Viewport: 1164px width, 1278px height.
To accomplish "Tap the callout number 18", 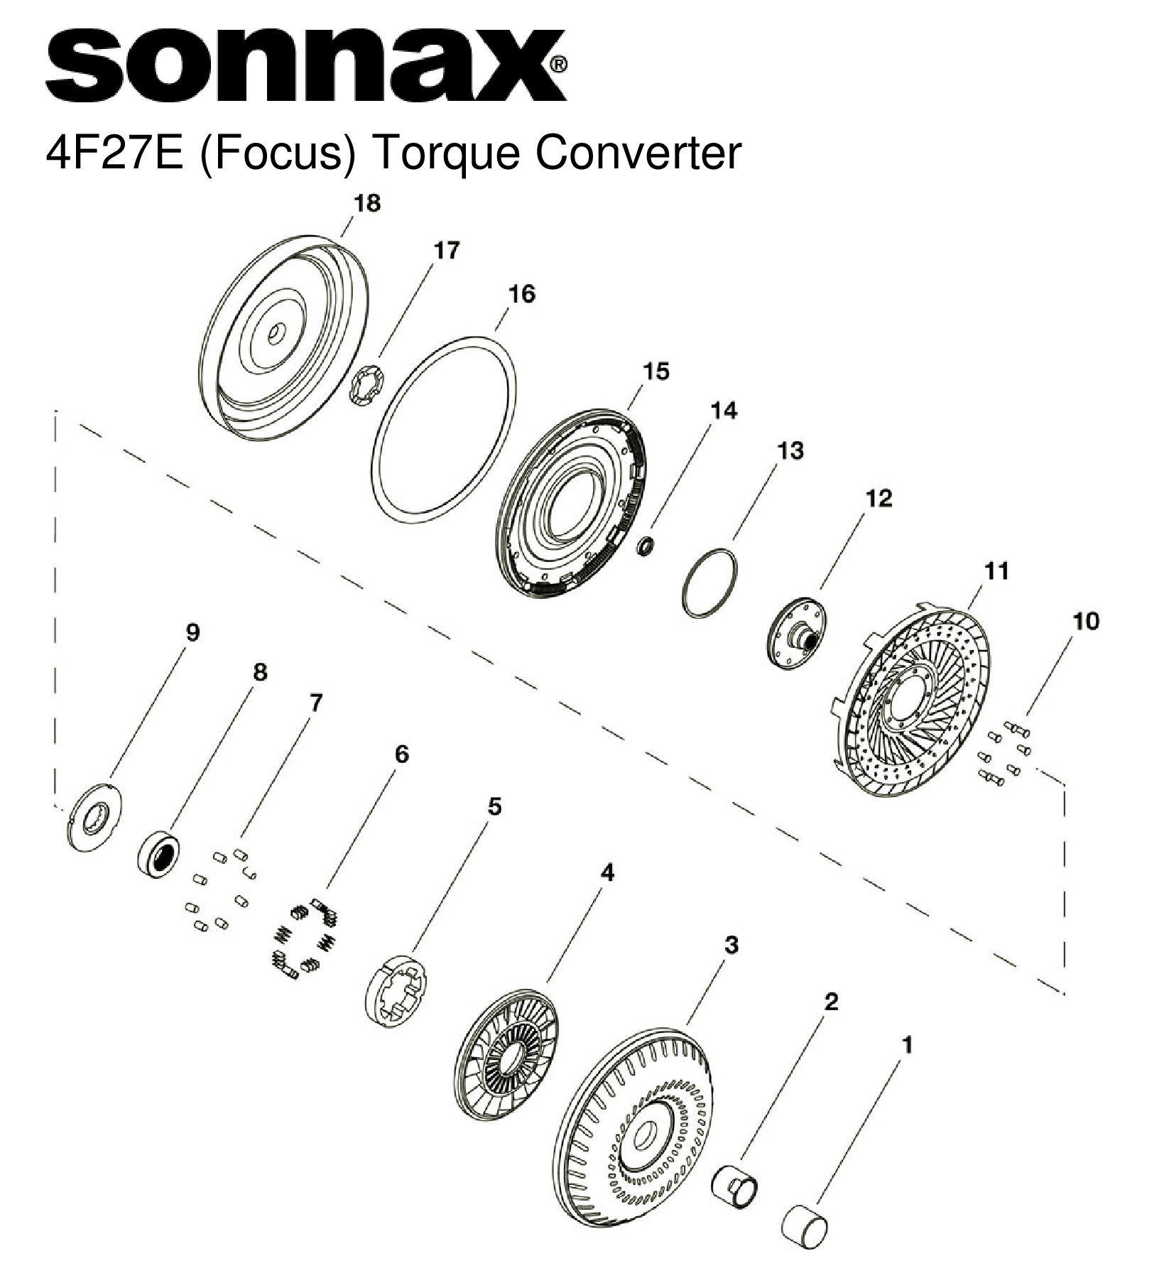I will [x=366, y=203].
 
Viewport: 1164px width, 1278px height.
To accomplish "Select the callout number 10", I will [x=1086, y=621].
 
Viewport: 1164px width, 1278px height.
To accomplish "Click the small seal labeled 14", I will [x=646, y=546].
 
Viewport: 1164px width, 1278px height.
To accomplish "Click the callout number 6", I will [x=401, y=754].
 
